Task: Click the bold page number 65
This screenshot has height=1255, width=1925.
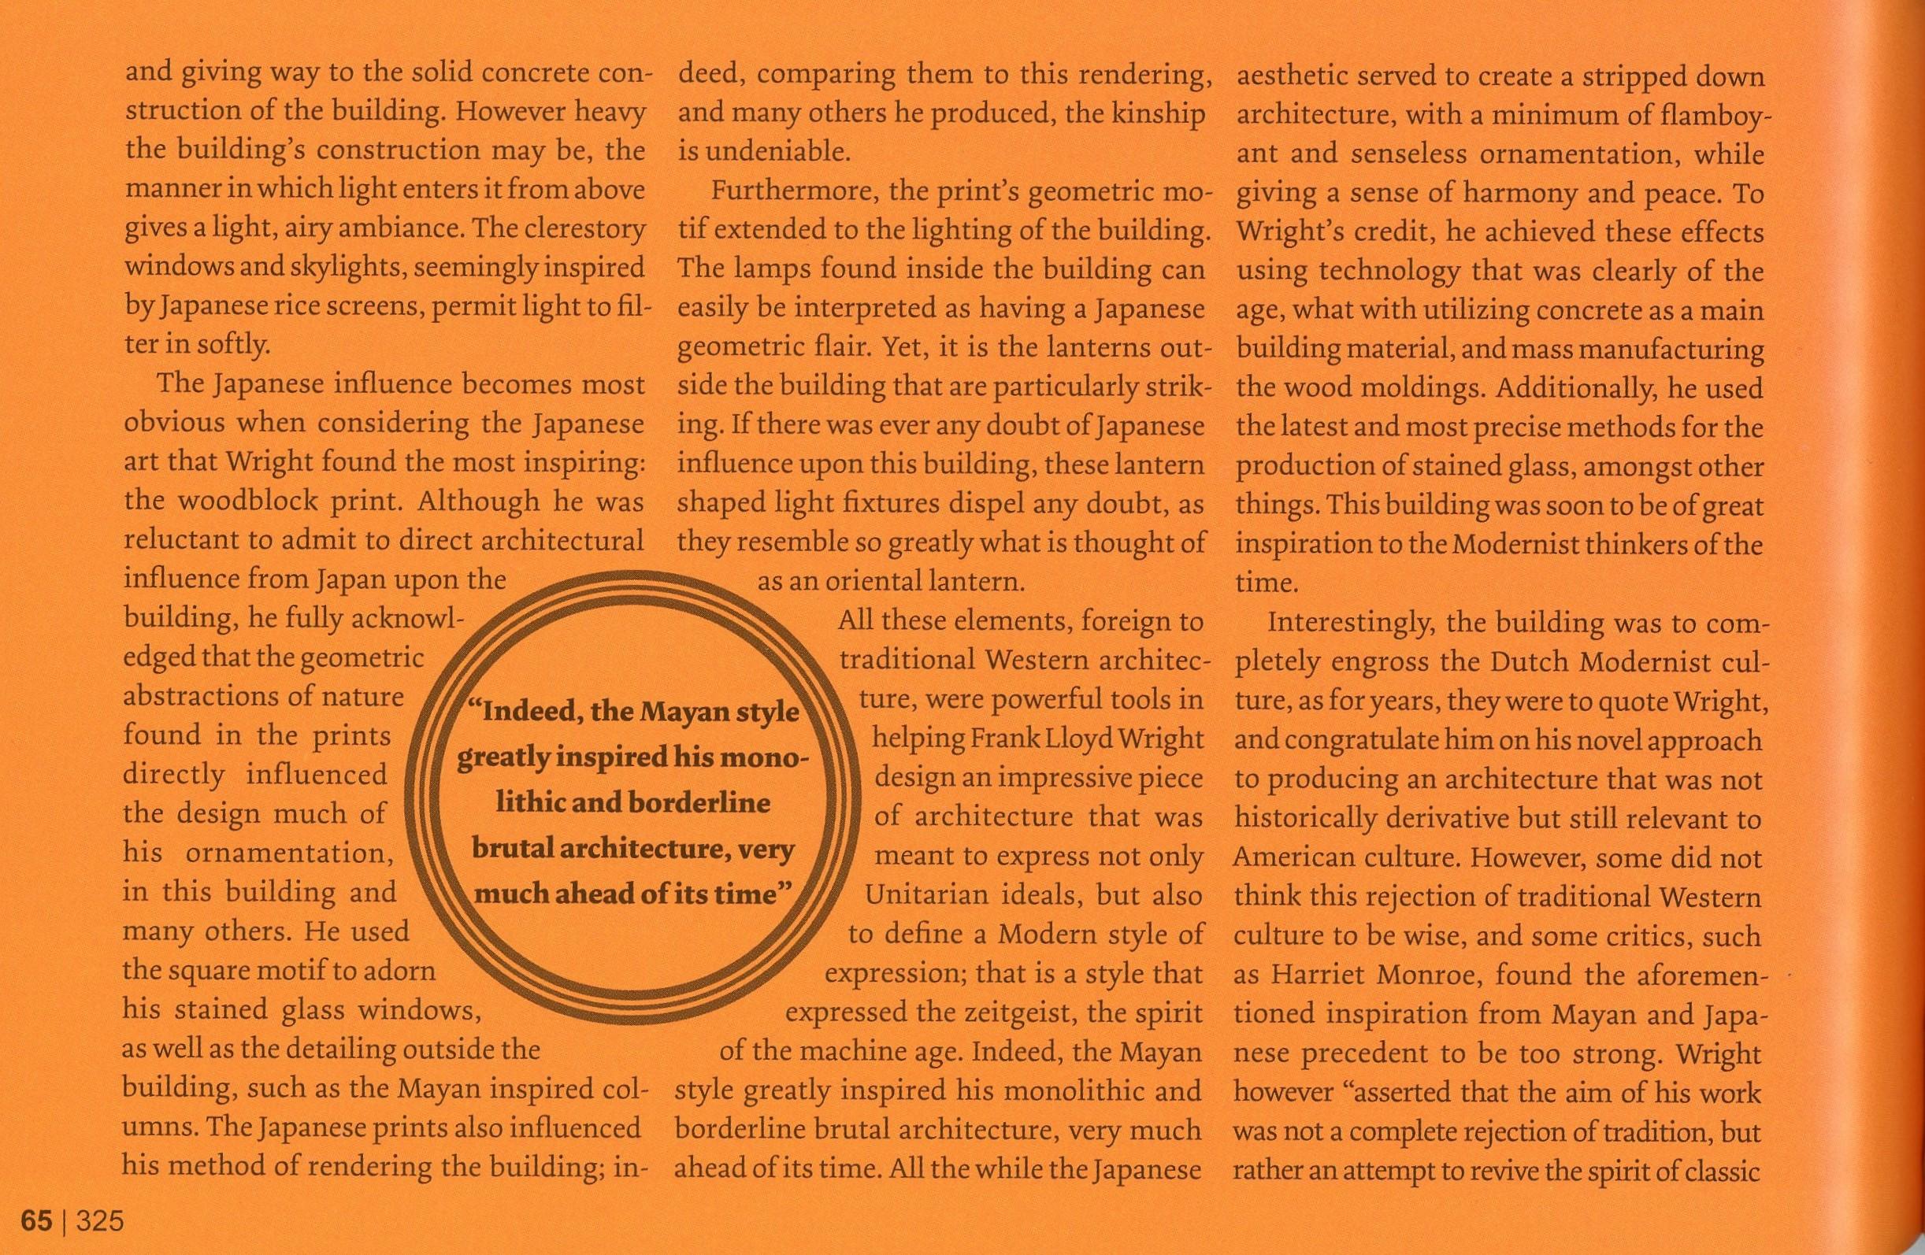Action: tap(36, 1220)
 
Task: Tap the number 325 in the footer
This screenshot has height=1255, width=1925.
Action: tap(99, 1220)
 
